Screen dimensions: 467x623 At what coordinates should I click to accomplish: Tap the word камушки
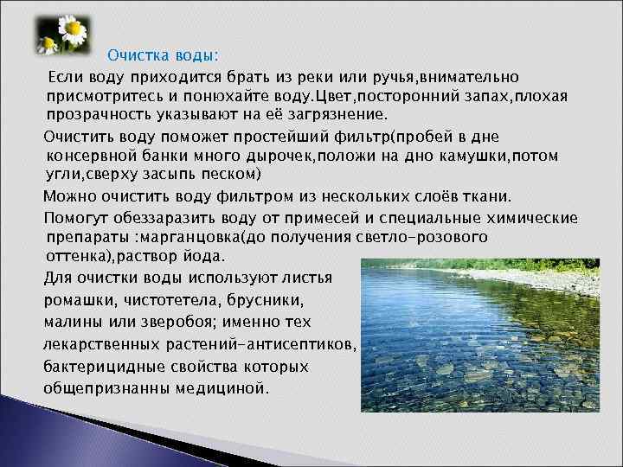[477, 156]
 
